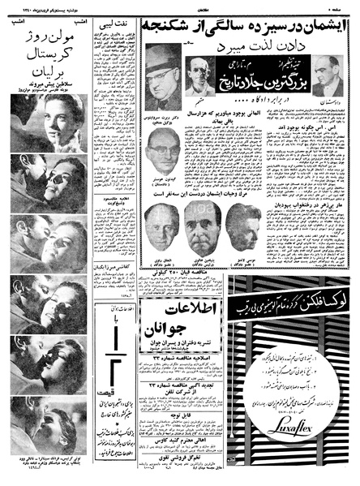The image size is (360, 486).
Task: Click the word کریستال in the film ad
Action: [x=45, y=67]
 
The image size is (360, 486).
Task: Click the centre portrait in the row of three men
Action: [x=203, y=226]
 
